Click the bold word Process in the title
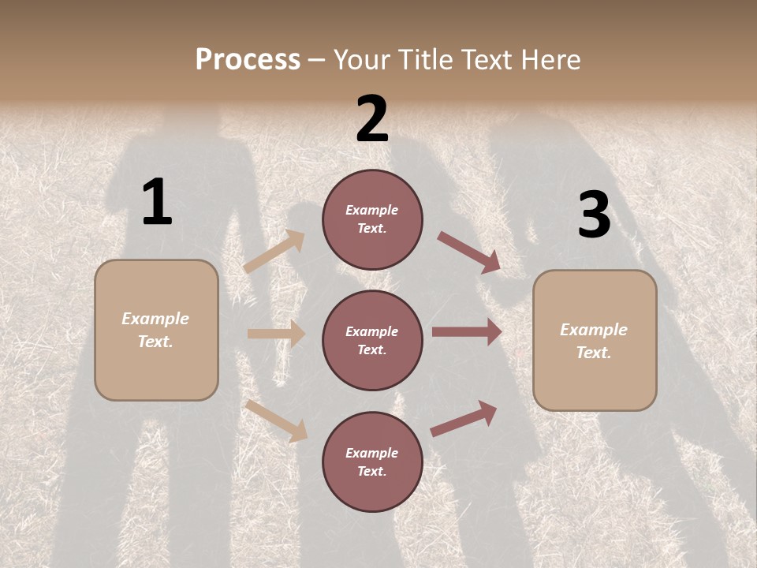coord(248,60)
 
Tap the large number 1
coord(157,203)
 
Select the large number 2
coord(372,120)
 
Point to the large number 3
coord(594,215)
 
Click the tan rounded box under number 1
coord(156,330)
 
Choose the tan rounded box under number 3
coord(595,341)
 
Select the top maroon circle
coord(372,219)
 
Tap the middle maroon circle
coord(372,341)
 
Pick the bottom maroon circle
coord(372,462)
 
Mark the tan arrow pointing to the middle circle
coord(276,334)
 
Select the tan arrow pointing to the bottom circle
coord(277,420)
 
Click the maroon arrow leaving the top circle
coord(469,252)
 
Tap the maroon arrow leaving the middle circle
coord(467,332)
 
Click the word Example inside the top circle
coord(372,210)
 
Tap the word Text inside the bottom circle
coord(371,472)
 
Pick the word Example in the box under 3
coord(594,330)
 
